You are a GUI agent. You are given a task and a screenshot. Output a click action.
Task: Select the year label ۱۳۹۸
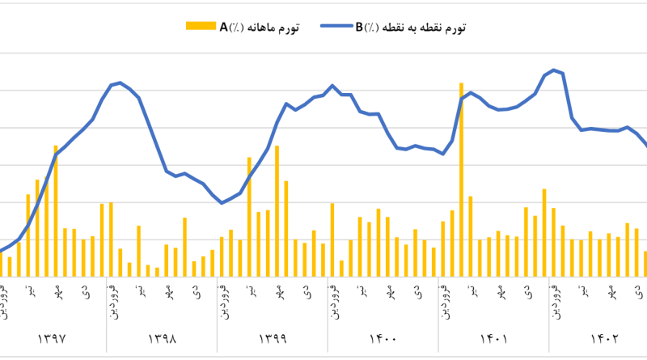point(163,338)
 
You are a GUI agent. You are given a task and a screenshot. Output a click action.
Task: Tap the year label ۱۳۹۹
point(273,338)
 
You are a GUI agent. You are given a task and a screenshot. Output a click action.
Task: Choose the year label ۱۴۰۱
point(493,338)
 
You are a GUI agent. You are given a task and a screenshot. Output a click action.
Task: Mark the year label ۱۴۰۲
point(603,338)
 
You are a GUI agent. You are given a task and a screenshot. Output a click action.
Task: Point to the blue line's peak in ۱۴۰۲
point(553,70)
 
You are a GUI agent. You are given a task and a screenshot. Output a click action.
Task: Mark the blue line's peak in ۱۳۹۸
point(120,83)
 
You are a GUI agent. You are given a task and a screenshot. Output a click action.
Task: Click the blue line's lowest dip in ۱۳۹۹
point(222,202)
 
